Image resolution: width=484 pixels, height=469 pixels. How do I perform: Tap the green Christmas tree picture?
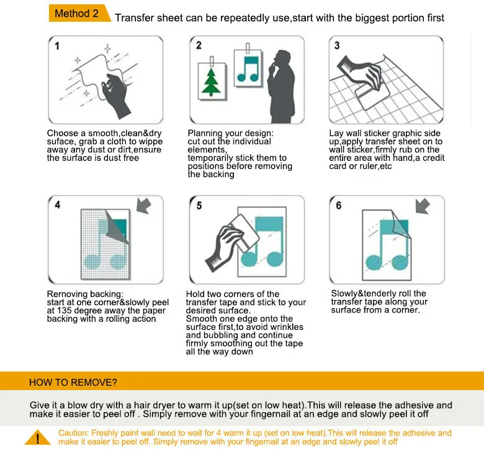[x=211, y=82]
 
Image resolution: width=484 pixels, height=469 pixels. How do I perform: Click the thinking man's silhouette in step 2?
[x=281, y=86]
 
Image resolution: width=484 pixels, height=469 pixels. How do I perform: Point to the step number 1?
[x=57, y=46]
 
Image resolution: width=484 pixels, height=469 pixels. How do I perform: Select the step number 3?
[x=337, y=45]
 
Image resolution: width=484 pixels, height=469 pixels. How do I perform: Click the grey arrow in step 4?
[x=144, y=206]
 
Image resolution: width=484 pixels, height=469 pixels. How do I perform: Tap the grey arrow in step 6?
[x=423, y=206]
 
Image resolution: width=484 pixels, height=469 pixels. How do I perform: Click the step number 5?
[x=199, y=206]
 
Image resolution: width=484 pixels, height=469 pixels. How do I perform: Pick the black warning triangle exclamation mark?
[x=38, y=439]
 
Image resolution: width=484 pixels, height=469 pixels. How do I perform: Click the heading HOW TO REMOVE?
[x=73, y=383]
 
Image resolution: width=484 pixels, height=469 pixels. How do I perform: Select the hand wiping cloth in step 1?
[x=115, y=94]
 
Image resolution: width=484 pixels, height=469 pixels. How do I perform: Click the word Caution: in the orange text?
[x=73, y=433]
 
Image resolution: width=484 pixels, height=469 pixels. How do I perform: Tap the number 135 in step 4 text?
[x=64, y=311]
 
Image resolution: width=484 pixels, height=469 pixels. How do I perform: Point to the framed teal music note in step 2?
[x=248, y=68]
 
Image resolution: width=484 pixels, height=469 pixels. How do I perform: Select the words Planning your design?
[x=231, y=133]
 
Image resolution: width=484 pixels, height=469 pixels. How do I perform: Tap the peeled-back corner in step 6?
[x=401, y=225]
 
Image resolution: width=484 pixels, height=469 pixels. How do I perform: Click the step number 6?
[x=339, y=206]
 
